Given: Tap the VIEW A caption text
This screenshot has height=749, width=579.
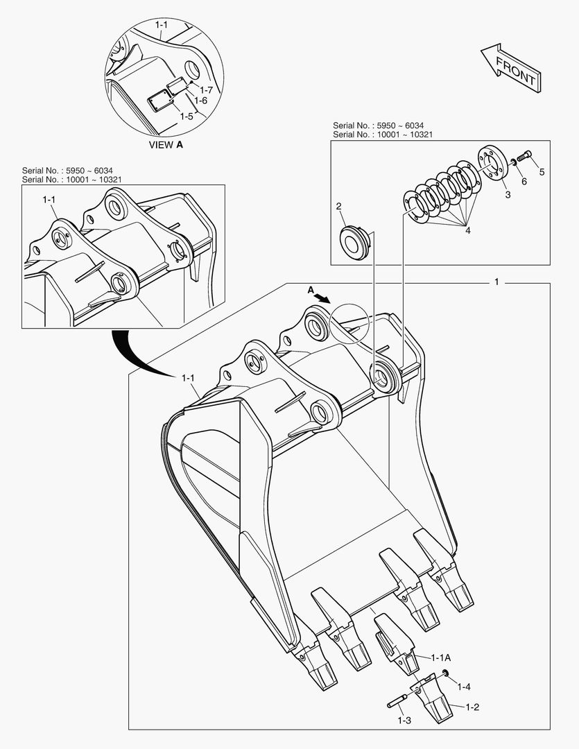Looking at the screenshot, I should pos(166,145).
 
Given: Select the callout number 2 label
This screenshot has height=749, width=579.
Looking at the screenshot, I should pos(338,206).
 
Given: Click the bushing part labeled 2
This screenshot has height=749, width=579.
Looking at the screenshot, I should pos(355,239).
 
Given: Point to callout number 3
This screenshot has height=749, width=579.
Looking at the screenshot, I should pos(508,195).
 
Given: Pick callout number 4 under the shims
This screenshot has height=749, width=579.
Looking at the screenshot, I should pos(467,230).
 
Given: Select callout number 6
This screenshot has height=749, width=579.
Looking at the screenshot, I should pos(524,181).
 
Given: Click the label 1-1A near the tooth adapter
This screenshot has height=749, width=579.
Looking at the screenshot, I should pos(441,657).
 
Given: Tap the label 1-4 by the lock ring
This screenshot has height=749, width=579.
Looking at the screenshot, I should pos(463,687).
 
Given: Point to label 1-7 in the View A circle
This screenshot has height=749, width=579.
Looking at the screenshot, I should pos(206,90).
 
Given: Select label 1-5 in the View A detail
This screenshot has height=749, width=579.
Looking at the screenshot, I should pos(186,116).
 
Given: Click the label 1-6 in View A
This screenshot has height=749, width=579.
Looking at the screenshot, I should pos(200,101).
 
